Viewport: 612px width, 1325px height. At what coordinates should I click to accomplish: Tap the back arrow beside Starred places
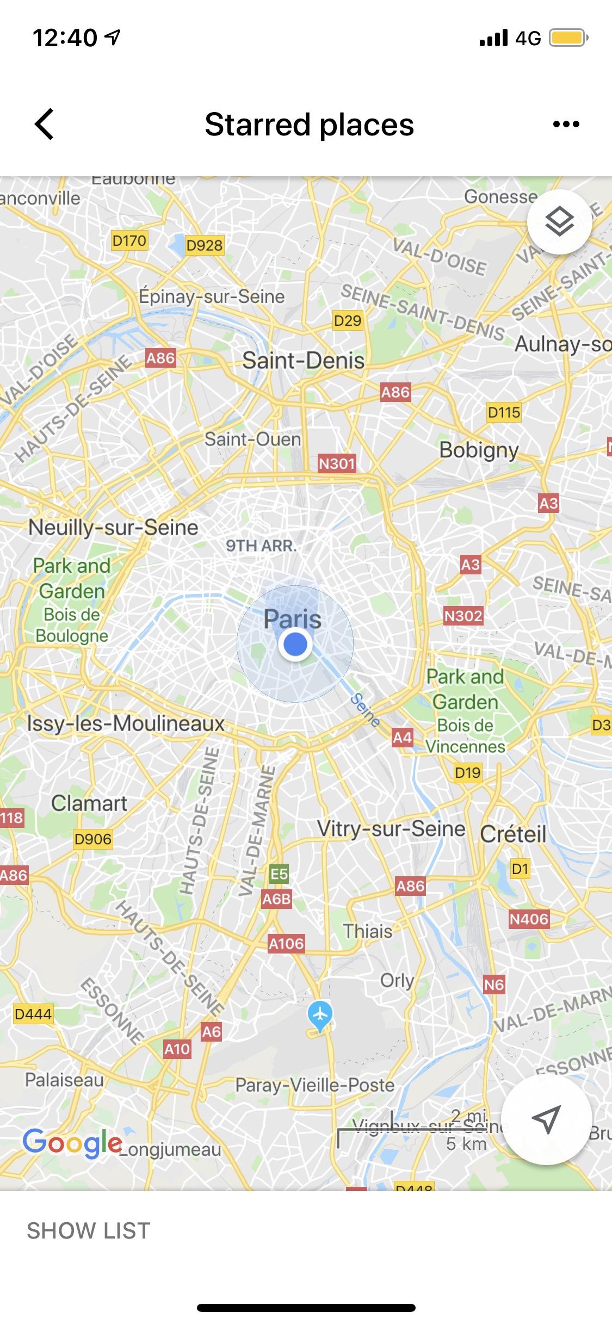(45, 124)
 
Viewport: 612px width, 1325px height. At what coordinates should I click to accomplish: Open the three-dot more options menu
(566, 125)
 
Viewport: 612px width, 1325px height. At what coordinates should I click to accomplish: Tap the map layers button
(559, 222)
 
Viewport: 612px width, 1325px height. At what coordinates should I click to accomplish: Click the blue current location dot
(295, 644)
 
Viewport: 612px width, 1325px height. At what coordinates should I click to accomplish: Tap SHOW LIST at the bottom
(89, 1231)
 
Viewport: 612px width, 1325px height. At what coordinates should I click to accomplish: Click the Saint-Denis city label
(303, 361)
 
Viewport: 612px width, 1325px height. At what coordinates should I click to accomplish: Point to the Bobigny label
(479, 450)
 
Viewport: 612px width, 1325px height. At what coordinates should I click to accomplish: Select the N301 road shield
(337, 463)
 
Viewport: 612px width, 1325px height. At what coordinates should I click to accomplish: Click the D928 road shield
(204, 245)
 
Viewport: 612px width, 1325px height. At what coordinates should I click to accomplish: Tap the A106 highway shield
(286, 943)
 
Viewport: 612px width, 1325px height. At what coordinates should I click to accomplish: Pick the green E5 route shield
(279, 874)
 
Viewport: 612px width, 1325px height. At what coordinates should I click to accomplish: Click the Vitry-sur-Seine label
(391, 829)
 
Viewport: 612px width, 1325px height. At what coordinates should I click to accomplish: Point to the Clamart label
(89, 803)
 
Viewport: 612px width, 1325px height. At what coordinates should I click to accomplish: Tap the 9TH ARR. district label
(262, 546)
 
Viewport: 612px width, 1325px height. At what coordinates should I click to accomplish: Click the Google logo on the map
(72, 1142)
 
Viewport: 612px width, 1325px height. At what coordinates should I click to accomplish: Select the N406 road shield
(529, 919)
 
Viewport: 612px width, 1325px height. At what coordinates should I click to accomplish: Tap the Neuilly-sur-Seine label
(113, 528)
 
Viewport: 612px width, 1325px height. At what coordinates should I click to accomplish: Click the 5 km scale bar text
(466, 1143)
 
